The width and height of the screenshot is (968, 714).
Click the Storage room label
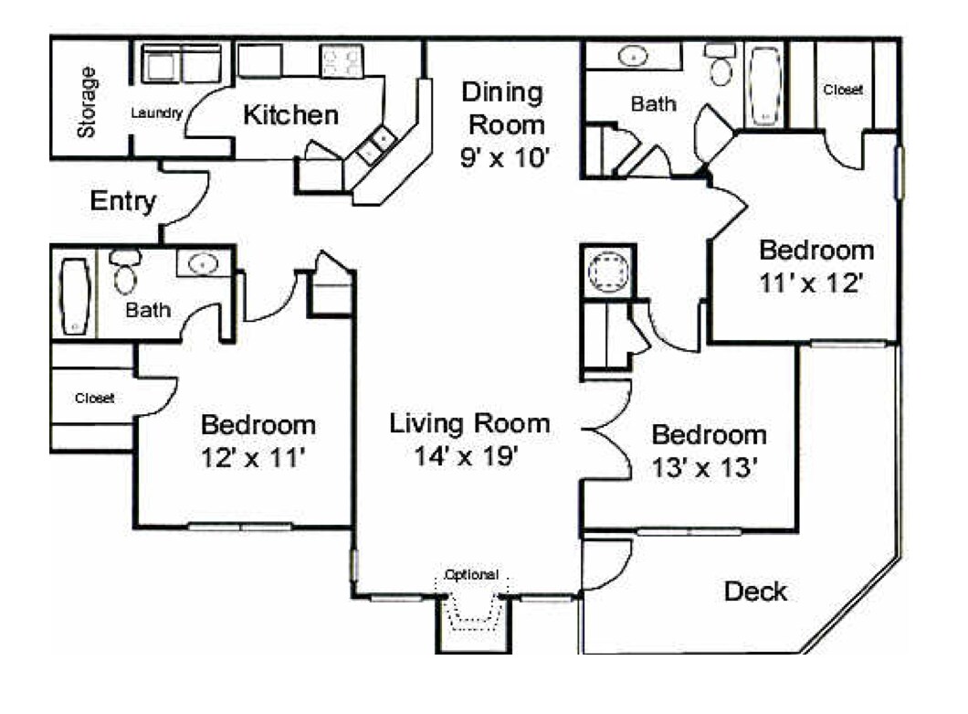(x=88, y=101)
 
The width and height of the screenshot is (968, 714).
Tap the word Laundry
(x=157, y=113)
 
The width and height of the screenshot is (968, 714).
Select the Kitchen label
(x=290, y=115)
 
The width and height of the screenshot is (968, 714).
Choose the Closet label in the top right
(x=843, y=91)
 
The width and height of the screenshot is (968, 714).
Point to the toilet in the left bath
(x=124, y=272)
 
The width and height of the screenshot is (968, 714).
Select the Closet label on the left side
(x=94, y=398)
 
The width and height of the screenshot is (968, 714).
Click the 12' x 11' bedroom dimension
(x=258, y=458)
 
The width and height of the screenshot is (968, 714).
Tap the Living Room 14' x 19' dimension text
(x=469, y=456)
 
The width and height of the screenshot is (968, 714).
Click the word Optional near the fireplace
(x=471, y=575)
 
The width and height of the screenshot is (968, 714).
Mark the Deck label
(x=755, y=591)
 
